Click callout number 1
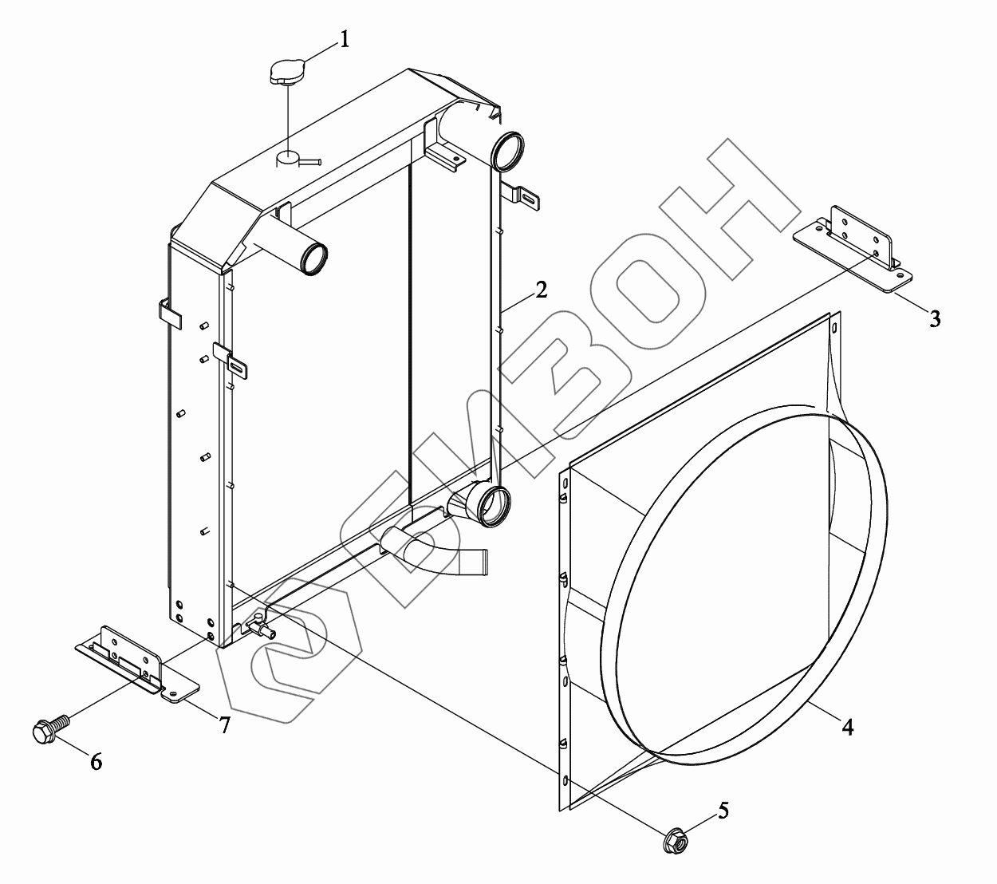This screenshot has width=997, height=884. point(345,39)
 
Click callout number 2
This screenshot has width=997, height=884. point(541,290)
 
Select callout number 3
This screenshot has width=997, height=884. point(935,318)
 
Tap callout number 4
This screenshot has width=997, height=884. point(847,727)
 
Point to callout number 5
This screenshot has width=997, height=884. point(723,810)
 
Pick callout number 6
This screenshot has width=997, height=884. point(96,762)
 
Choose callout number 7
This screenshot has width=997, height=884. point(224,724)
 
